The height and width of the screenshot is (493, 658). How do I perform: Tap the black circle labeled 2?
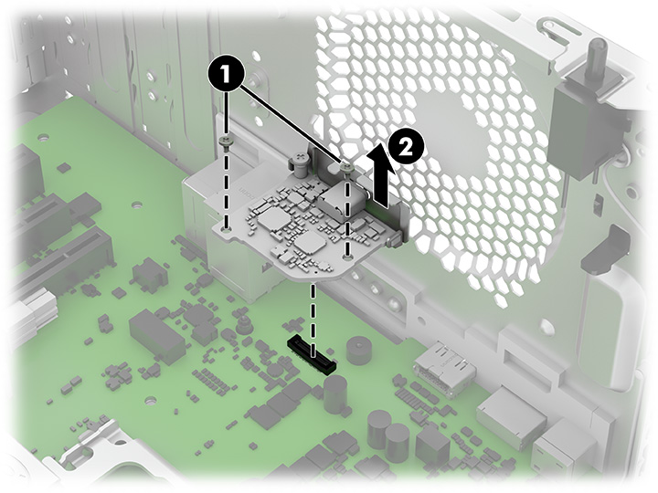tap(406, 148)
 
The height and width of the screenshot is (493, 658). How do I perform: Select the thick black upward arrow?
tap(381, 175)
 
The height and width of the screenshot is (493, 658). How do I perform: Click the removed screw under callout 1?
tap(227, 143)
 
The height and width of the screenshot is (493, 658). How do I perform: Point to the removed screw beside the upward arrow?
tap(346, 169)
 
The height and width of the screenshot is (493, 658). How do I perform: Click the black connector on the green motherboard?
tap(311, 353)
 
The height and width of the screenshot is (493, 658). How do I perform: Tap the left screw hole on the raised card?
tap(227, 230)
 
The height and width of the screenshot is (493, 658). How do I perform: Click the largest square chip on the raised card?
tap(269, 220)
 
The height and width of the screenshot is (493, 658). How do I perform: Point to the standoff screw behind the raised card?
tap(301, 164)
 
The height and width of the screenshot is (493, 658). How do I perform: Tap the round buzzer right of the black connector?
tap(359, 350)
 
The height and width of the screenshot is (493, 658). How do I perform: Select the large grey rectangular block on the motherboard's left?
tap(156, 334)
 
